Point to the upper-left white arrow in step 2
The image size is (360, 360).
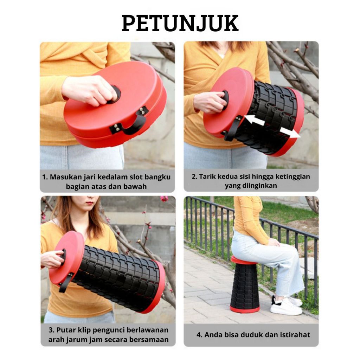tap(255, 120)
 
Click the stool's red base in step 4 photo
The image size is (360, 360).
tap(245, 309)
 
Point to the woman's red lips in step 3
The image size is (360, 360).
tap(90, 203)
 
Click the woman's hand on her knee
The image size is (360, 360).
tap(274, 242)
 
